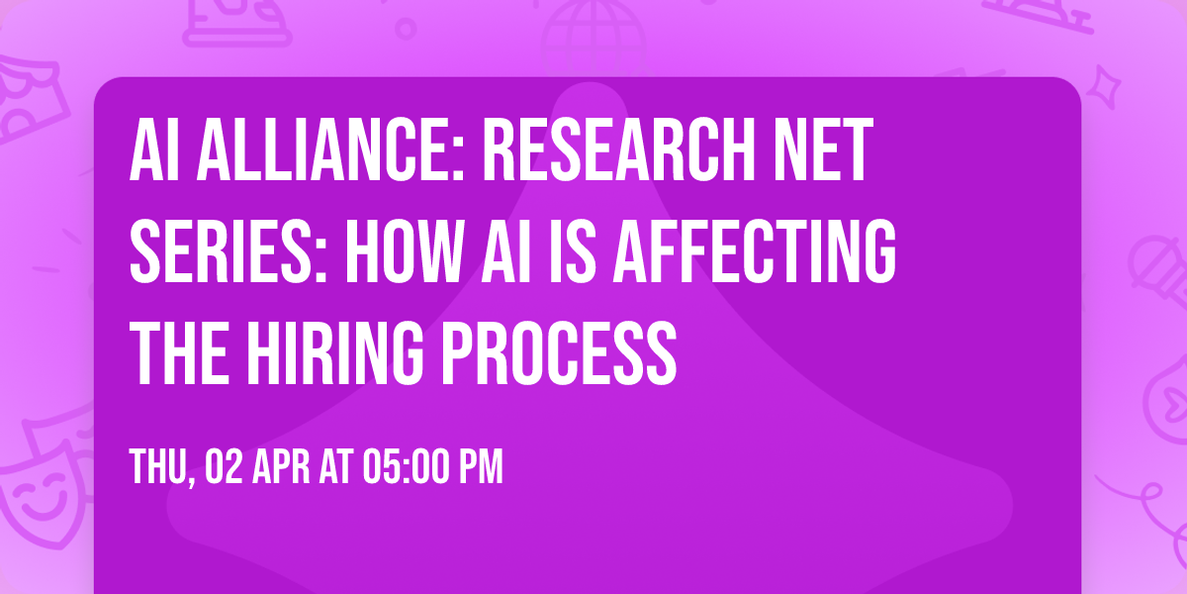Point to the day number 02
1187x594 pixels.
(224, 467)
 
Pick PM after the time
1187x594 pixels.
(481, 467)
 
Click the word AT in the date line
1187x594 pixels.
(334, 467)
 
